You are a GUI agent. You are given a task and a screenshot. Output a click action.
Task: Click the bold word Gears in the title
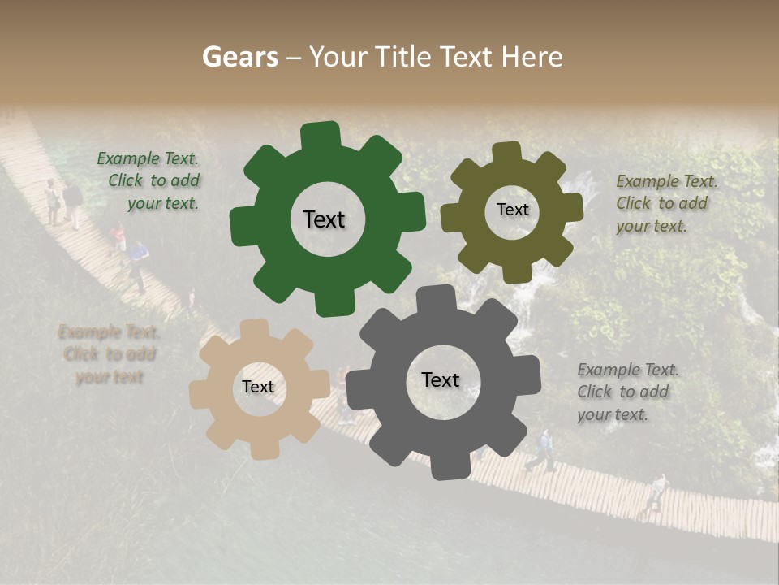(239, 57)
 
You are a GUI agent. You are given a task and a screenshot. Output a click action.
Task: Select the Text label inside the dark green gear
(324, 219)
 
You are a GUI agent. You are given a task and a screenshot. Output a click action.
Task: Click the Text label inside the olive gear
(512, 210)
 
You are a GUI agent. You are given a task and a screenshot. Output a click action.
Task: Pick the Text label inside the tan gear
(258, 388)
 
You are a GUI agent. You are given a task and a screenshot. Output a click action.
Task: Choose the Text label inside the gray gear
(441, 380)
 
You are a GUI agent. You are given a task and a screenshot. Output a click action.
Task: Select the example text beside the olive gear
(666, 204)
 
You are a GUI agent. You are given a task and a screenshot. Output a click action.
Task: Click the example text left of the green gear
(151, 181)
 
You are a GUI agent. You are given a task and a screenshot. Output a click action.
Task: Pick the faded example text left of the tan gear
(109, 355)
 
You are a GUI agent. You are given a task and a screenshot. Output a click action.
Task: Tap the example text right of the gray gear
(627, 392)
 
